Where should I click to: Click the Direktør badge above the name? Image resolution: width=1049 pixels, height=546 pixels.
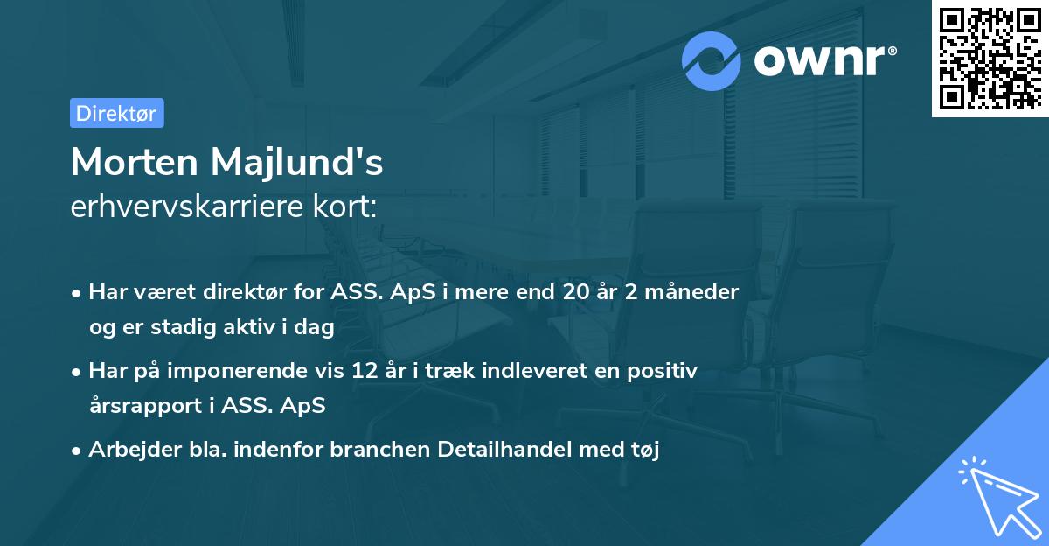(116, 113)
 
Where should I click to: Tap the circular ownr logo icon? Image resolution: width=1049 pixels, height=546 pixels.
(712, 60)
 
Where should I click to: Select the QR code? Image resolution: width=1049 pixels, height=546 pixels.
(990, 58)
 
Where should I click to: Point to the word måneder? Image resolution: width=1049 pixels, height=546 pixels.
(698, 291)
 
